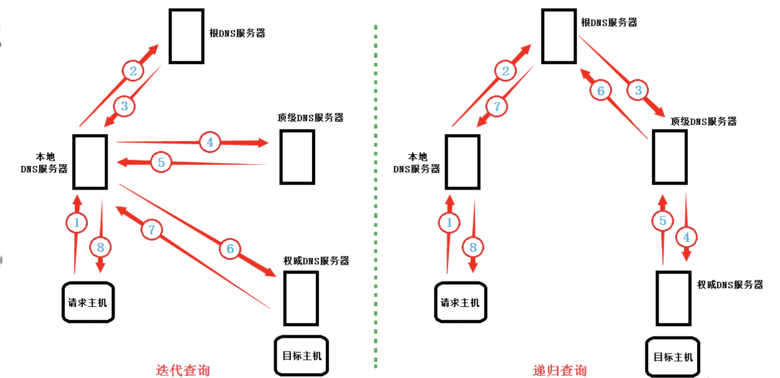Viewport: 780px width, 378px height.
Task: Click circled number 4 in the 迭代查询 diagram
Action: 210,142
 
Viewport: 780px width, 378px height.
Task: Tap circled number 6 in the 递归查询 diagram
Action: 601,91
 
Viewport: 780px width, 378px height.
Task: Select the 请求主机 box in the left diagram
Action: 88,302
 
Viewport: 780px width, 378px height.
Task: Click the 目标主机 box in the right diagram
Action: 673,357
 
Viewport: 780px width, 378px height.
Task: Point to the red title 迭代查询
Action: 183,370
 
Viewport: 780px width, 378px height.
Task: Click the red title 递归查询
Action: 559,370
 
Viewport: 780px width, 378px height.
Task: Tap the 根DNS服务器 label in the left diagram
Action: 237,33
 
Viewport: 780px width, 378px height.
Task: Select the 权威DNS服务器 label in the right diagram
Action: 730,284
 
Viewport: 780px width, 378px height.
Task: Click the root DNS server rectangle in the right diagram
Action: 559,36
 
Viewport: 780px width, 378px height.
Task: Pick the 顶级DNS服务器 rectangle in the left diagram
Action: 297,157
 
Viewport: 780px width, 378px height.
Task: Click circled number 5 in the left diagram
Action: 161,162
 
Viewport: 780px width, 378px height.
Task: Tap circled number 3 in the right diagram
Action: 638,91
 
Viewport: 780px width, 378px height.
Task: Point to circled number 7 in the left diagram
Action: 151,230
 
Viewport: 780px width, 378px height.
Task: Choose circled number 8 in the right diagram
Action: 473,247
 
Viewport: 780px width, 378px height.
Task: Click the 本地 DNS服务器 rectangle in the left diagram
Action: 90,162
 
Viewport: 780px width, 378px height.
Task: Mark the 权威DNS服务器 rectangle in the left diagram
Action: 301,298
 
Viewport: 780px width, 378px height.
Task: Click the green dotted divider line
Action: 376,193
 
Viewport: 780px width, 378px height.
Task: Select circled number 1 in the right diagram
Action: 449,223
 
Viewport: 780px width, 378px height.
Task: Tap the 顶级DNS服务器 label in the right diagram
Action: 703,122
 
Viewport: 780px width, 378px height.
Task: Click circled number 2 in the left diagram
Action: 133,71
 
